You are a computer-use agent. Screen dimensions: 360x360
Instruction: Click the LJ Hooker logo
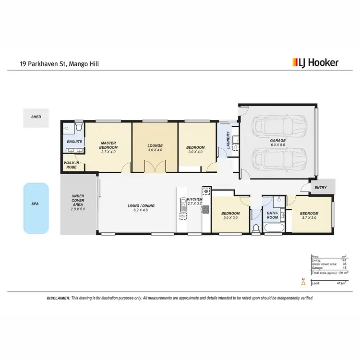[x=315, y=62]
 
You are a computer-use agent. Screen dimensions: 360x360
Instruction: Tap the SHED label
[x=36, y=117]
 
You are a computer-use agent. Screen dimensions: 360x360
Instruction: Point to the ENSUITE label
[x=74, y=142]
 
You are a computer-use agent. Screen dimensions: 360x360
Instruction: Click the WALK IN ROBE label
[x=72, y=165]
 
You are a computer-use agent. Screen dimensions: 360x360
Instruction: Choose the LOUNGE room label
[x=155, y=145]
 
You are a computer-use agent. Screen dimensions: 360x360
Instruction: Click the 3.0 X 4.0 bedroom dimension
[x=196, y=152]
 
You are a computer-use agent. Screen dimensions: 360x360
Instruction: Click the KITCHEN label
[x=194, y=199]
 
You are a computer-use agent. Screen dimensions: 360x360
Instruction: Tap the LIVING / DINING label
[x=141, y=206]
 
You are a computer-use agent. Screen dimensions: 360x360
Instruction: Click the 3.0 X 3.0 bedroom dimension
[x=230, y=218]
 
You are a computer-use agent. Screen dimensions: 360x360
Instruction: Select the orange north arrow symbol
[x=303, y=283]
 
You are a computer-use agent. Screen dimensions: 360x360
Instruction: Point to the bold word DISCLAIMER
[x=58, y=298]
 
